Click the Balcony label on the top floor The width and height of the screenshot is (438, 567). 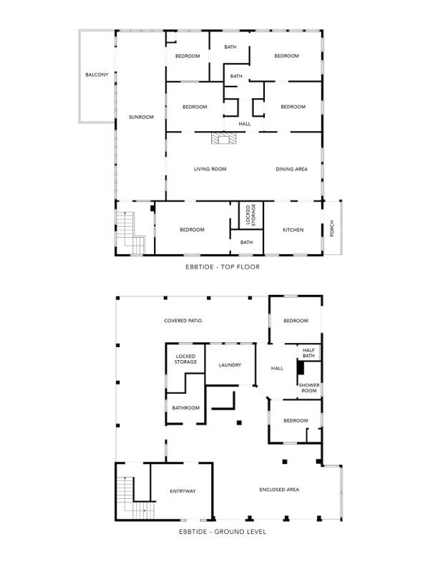[97, 75]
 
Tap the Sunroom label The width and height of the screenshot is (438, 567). [141, 117]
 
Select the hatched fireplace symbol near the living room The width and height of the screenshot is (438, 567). [224, 138]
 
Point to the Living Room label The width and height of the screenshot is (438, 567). [210, 169]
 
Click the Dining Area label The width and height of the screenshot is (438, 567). [291, 169]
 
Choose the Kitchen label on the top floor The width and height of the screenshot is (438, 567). [293, 230]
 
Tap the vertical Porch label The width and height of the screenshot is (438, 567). [332, 228]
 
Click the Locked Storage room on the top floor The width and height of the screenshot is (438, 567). [250, 215]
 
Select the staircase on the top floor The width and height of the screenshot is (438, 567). [130, 233]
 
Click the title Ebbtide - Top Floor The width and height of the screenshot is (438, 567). [223, 267]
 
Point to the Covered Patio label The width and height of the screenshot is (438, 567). [183, 321]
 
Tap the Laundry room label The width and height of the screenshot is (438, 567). [230, 365]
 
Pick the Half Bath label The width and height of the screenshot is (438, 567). [308, 353]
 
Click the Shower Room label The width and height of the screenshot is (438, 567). [309, 388]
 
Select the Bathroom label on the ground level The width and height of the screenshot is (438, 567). [186, 408]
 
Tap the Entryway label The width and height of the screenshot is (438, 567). [183, 491]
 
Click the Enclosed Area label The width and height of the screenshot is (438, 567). [279, 490]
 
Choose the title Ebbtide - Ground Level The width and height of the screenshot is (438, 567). [223, 532]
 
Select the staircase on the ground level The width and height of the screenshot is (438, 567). [135, 498]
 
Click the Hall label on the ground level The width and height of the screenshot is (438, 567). [277, 369]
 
